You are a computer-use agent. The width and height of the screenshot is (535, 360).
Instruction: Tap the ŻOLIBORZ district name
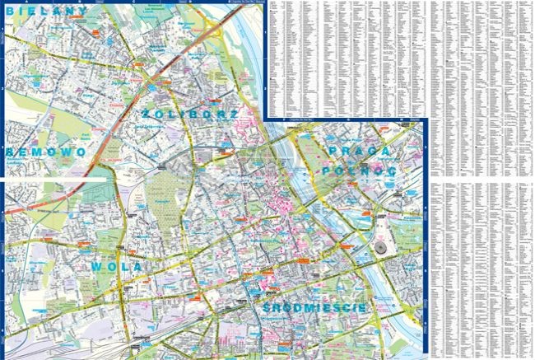[190, 114]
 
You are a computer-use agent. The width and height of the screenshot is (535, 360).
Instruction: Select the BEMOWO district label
[44, 152]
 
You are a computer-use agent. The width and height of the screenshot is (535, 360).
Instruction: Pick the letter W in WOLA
[97, 268]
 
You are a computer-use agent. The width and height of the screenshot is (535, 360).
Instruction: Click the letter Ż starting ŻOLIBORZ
[147, 114]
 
